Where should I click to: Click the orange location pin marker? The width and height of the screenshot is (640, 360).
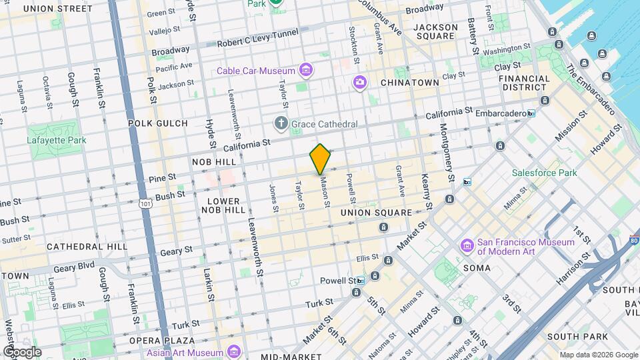tap(320, 159)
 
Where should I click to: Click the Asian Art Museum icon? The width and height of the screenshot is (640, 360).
tap(233, 351)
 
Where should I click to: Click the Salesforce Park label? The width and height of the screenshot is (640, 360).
tap(543, 173)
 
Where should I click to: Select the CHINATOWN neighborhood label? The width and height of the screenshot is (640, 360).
tap(409, 83)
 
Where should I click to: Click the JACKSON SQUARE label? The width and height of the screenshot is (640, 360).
tap(435, 31)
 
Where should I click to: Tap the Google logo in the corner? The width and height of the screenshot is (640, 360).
tap(22, 351)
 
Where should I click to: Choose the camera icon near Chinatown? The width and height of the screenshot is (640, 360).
tap(360, 82)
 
